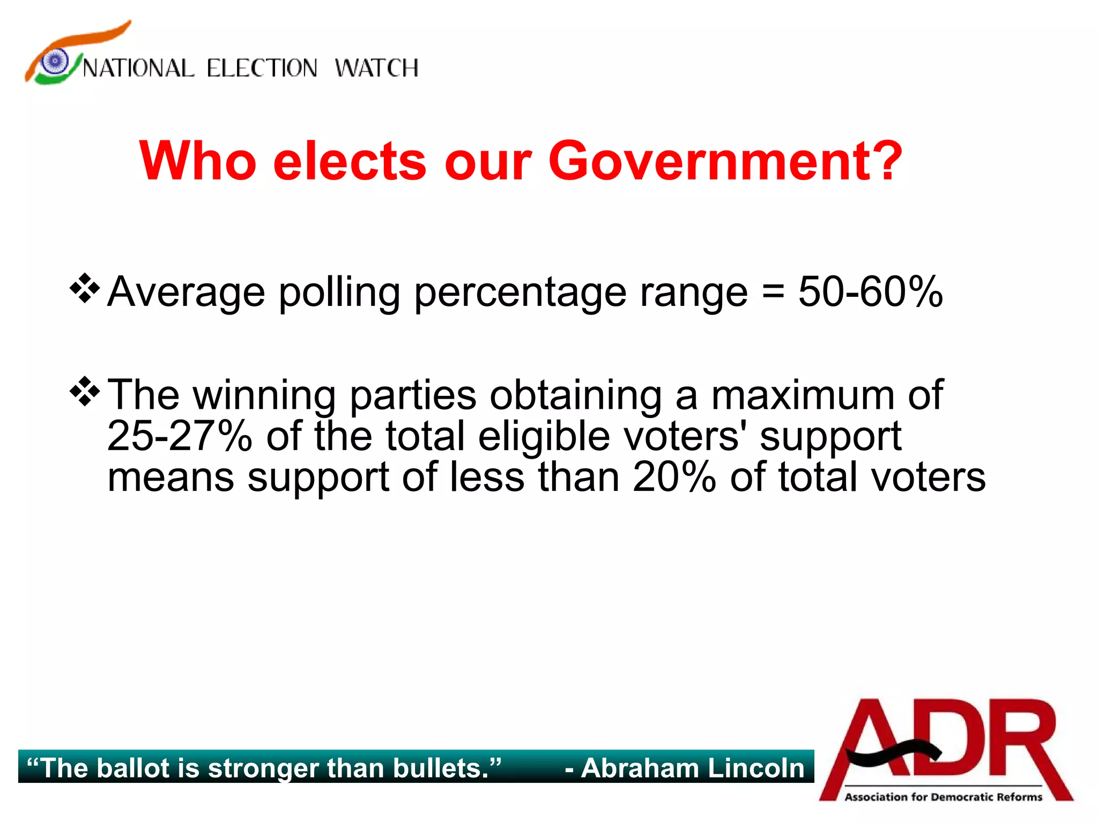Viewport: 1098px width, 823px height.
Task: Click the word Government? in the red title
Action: tap(725, 161)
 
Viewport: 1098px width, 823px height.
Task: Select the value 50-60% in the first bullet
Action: tap(870, 292)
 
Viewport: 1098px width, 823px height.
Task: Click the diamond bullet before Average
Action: tap(85, 289)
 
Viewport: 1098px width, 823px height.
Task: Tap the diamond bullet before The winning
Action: tap(85, 392)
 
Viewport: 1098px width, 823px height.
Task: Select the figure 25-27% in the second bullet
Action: tap(180, 436)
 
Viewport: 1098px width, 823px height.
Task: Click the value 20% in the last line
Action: tap(674, 477)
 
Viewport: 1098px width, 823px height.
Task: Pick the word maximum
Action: tap(802, 395)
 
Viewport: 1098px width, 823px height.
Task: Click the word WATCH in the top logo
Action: tap(376, 69)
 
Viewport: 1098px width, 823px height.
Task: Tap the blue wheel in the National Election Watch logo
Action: tap(55, 61)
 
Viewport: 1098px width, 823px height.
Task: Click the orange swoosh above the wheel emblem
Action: tap(86, 38)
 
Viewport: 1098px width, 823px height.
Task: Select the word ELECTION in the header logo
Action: tap(262, 69)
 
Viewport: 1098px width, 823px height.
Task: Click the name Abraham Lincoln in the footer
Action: tap(693, 768)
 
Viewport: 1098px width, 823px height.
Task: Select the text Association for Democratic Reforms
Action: tap(944, 797)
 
